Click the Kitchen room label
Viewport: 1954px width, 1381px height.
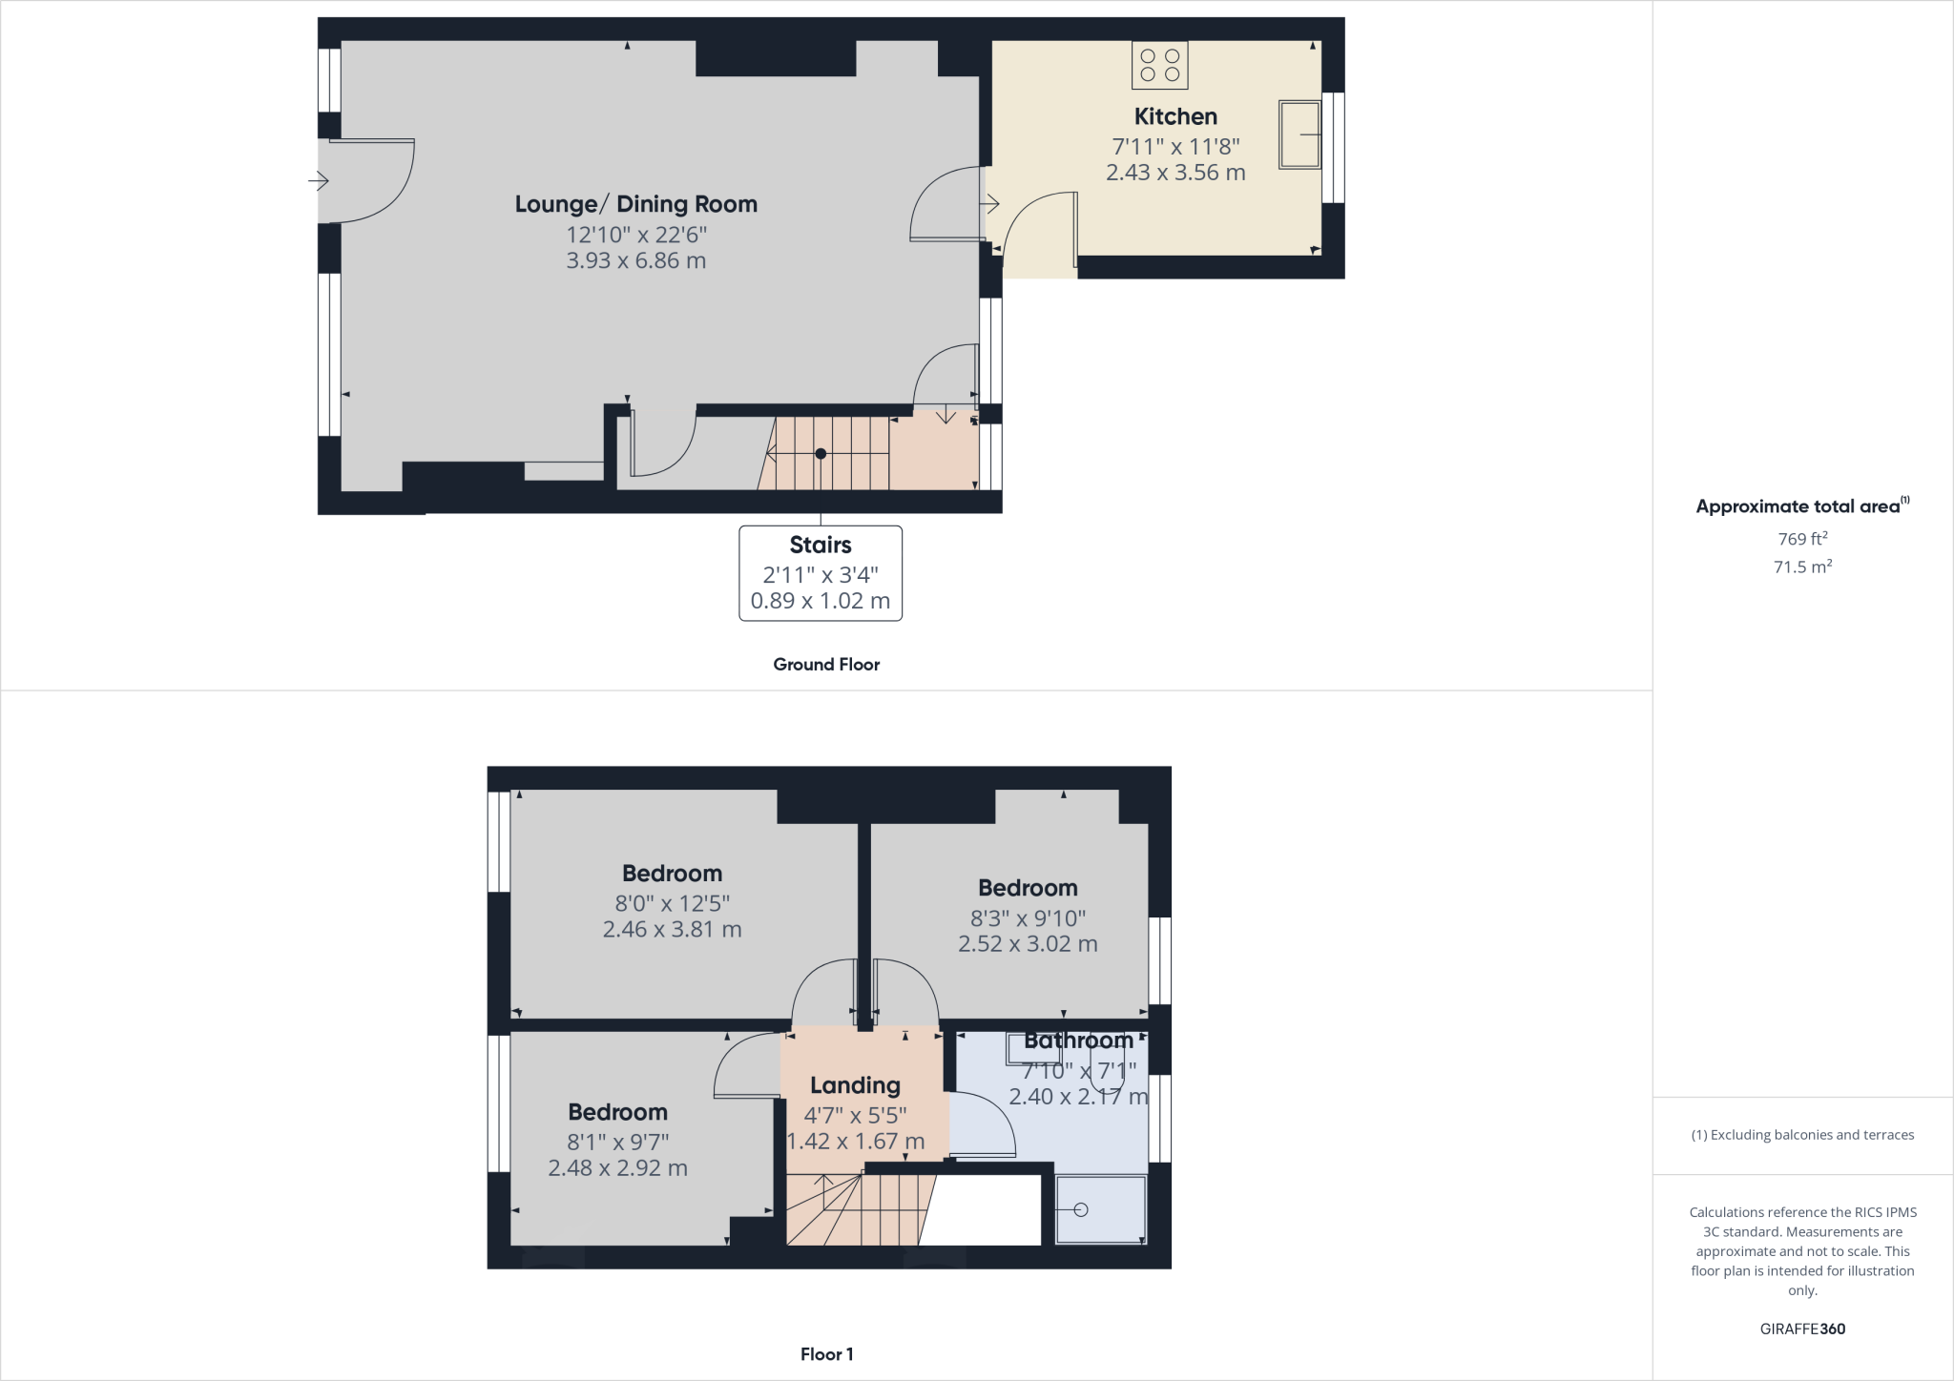1174,116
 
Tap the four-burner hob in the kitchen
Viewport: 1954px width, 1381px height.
1159,65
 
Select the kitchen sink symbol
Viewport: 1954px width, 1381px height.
1299,134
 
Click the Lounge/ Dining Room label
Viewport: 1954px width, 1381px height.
635,204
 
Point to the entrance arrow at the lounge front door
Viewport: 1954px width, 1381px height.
319,180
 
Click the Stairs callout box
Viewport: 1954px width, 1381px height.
820,572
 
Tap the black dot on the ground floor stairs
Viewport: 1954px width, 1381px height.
821,454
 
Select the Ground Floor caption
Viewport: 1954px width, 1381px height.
825,665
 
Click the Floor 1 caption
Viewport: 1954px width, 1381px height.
826,1354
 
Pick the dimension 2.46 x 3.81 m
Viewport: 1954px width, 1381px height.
672,929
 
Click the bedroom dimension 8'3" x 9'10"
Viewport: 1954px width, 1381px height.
1028,917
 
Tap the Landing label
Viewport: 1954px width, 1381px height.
855,1085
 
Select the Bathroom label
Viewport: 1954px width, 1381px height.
1078,1041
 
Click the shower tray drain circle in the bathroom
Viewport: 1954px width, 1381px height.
1080,1209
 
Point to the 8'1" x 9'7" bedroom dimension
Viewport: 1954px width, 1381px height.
617,1142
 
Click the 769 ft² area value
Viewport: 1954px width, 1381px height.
1801,539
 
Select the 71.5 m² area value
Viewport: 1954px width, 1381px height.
1801,567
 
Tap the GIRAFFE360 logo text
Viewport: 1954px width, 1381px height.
1801,1329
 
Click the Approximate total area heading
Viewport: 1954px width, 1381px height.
1799,506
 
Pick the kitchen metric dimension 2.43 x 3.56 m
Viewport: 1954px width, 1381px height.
1174,173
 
